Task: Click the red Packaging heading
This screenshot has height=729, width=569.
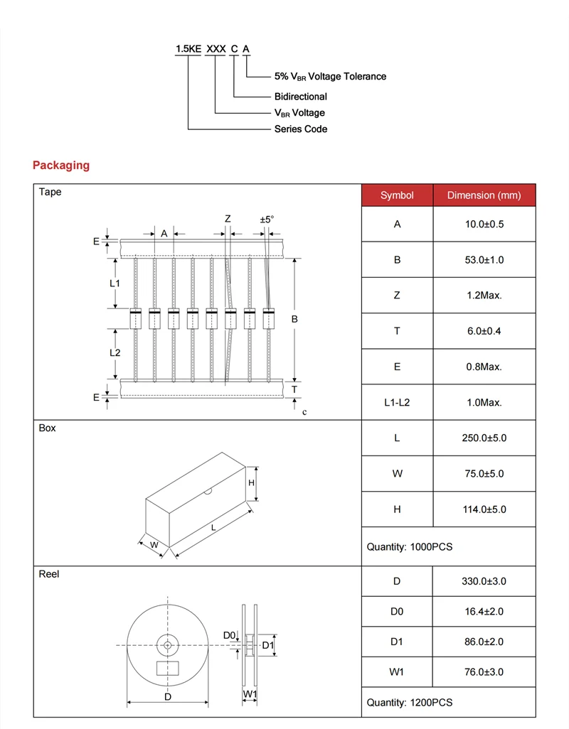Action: coord(61,166)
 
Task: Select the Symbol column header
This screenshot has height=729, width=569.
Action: coord(397,195)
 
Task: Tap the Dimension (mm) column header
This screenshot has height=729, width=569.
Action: coord(484,195)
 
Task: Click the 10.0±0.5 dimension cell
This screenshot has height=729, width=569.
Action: coord(484,225)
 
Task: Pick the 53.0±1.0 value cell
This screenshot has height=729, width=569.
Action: coord(484,260)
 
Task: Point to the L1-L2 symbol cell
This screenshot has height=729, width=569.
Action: coord(397,402)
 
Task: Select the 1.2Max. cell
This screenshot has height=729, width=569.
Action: coord(484,296)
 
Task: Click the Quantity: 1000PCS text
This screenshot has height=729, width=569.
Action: coord(409,547)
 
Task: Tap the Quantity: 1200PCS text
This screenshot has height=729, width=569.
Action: coord(409,703)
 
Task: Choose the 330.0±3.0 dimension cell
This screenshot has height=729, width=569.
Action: coord(484,581)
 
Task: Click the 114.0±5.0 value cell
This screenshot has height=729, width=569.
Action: coord(484,509)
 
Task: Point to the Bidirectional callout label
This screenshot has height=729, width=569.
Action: coord(301,97)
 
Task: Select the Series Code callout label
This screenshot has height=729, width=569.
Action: coord(301,129)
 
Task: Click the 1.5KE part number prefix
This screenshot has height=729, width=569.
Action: coord(188,49)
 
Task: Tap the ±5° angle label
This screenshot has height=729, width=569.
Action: coord(267,220)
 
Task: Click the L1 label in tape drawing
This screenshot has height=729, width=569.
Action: coord(115,283)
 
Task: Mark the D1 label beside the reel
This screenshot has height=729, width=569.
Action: coord(267,645)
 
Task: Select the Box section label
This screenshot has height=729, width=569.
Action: coord(47,428)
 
